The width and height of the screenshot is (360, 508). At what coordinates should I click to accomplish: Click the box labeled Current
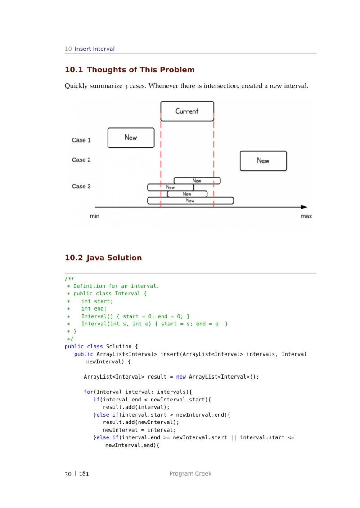click(187, 111)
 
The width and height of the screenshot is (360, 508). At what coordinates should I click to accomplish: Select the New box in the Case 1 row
click(131, 138)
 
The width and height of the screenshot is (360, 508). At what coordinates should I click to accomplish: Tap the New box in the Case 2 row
click(263, 160)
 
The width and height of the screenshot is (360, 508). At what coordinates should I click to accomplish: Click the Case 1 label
click(81, 140)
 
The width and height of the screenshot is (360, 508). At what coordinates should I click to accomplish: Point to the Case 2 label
click(81, 160)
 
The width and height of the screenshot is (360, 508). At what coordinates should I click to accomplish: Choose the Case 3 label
click(81, 187)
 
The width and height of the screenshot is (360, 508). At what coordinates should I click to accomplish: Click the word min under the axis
click(94, 216)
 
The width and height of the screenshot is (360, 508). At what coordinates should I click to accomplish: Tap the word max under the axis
click(306, 216)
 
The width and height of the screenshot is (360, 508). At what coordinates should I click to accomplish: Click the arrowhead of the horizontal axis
click(304, 207)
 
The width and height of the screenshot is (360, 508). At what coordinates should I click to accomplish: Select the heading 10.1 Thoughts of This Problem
click(130, 70)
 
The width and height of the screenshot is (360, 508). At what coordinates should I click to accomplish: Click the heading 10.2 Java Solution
click(103, 258)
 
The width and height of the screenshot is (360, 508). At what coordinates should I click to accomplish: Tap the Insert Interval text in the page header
click(94, 49)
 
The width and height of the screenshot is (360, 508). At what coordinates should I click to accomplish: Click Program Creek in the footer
click(190, 473)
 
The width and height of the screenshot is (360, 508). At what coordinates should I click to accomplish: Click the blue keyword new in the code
click(181, 377)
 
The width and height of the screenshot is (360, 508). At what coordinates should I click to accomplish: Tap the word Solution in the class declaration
click(119, 347)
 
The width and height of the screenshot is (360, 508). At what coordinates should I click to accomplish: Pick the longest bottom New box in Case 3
click(190, 201)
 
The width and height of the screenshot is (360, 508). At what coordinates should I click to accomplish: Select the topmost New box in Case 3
click(197, 181)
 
